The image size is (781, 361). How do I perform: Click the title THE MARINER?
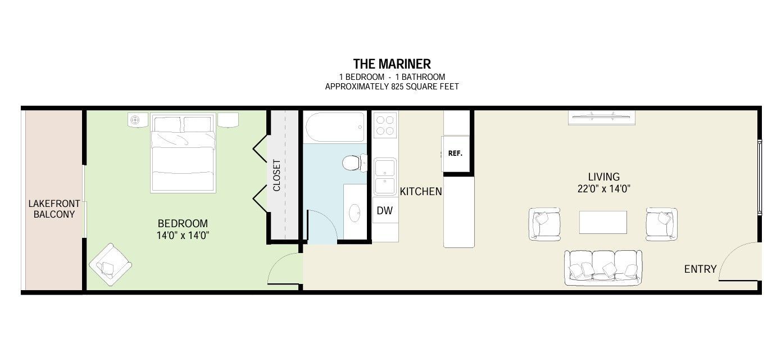[x=392, y=64]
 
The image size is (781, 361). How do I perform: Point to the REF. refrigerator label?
[x=455, y=153]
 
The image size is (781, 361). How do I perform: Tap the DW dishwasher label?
[x=384, y=210]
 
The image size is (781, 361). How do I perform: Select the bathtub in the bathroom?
[x=335, y=127]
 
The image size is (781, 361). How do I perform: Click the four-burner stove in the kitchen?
[x=385, y=125]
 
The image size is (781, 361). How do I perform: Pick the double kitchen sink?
[x=385, y=177]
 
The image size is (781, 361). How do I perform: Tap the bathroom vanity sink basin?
[x=355, y=213]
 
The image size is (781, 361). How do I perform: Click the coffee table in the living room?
[x=603, y=222]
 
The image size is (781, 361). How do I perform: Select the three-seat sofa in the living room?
[x=603, y=268]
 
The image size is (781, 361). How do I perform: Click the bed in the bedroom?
[x=183, y=153]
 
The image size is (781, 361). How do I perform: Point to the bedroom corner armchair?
[x=111, y=264]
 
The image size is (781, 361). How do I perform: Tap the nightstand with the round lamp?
[x=138, y=120]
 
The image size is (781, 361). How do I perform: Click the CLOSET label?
[x=276, y=175]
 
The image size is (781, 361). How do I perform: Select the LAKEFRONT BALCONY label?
[x=54, y=209]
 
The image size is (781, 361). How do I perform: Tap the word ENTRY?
[x=700, y=269]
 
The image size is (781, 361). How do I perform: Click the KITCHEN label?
[x=421, y=192]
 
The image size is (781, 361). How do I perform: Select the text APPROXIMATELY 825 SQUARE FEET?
[x=392, y=87]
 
